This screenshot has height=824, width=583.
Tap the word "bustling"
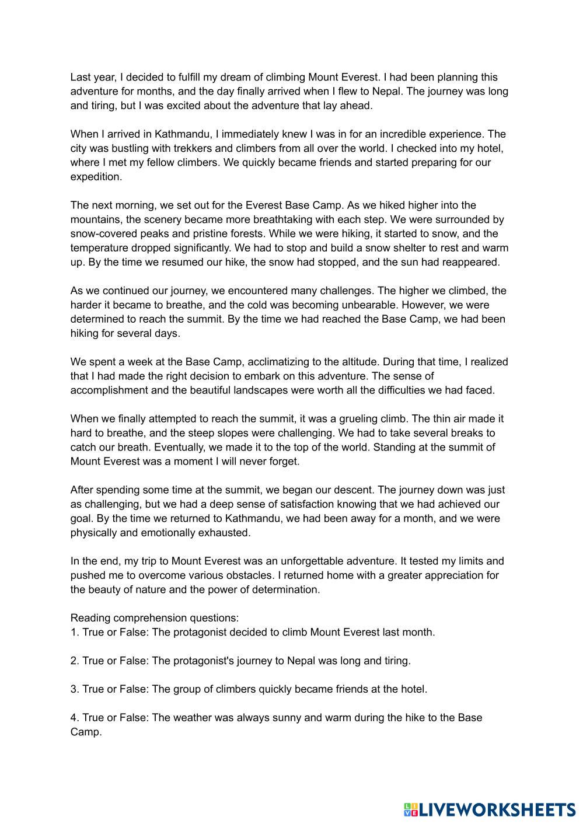pyautogui.click(x=128, y=148)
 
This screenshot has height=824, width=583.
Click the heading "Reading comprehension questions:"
pyautogui.click(x=155, y=617)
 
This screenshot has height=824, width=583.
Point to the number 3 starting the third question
pyautogui.click(x=74, y=689)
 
